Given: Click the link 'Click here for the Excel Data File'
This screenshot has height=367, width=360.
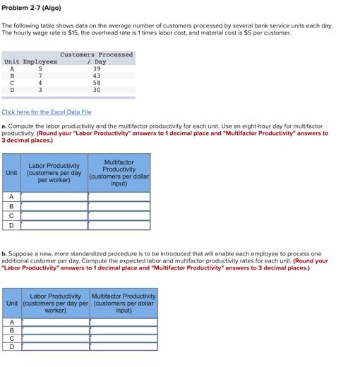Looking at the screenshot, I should (x=47, y=112).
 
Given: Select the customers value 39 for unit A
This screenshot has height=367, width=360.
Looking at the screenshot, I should (x=97, y=68).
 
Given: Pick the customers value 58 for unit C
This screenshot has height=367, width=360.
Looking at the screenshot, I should (x=97, y=83).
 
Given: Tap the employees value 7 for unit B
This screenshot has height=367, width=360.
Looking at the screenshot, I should (x=40, y=76).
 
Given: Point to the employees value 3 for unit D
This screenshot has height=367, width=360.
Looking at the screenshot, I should (x=40, y=90).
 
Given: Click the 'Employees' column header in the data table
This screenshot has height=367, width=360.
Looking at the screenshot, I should (x=40, y=61).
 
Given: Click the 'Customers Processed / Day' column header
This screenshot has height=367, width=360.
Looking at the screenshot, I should (x=97, y=58).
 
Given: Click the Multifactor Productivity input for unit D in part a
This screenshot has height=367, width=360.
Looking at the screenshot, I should (x=119, y=225).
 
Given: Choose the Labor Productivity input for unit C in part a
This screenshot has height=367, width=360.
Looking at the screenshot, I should (x=54, y=216).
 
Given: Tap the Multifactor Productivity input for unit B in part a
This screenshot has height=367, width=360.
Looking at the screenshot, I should (x=119, y=207).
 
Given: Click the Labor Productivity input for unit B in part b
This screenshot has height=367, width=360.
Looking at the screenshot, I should (x=56, y=330).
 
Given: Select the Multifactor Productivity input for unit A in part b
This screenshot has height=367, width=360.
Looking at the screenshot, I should (x=124, y=321).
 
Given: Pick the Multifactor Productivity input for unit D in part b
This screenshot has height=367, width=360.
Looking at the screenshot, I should (x=124, y=347).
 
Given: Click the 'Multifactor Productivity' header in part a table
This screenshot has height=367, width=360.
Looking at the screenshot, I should (x=119, y=173).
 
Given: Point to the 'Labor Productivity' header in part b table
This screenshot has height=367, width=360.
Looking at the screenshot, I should (x=56, y=303).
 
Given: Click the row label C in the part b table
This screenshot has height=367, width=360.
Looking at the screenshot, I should (x=11, y=338).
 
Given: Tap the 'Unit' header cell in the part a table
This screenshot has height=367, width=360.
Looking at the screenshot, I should (x=11, y=173).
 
